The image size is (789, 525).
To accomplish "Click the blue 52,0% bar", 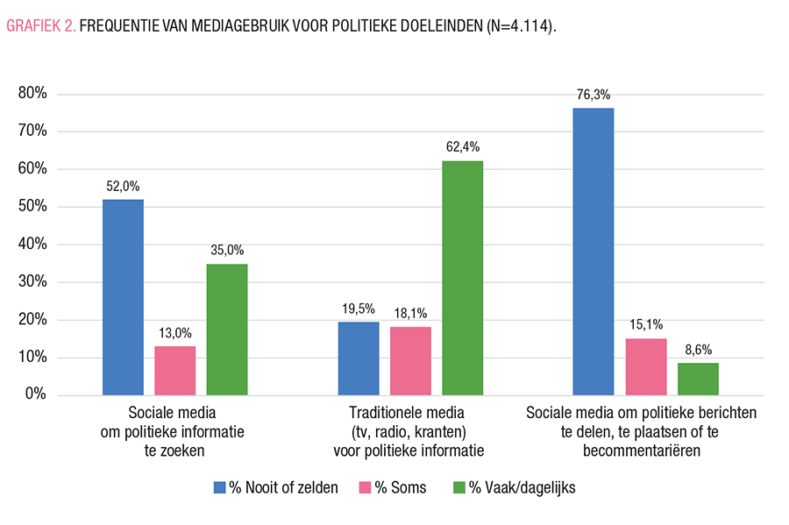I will pos(123,297).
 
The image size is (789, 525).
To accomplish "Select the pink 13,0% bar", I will pos(175,371).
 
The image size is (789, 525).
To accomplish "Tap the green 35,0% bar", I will pos(227,330).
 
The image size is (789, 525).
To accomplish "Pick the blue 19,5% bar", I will pos(358,358).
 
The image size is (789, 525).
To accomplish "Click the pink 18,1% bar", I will pos(410,361).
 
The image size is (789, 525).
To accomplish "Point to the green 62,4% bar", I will pos(462,278).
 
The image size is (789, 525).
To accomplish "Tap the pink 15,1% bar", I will pos(645,366).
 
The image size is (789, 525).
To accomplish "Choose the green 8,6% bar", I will pos(698,379).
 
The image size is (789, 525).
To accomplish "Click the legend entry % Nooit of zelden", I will pos(276,488).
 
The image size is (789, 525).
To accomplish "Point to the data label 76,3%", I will pos(593,95).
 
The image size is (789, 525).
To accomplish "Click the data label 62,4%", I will pos(462,147).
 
